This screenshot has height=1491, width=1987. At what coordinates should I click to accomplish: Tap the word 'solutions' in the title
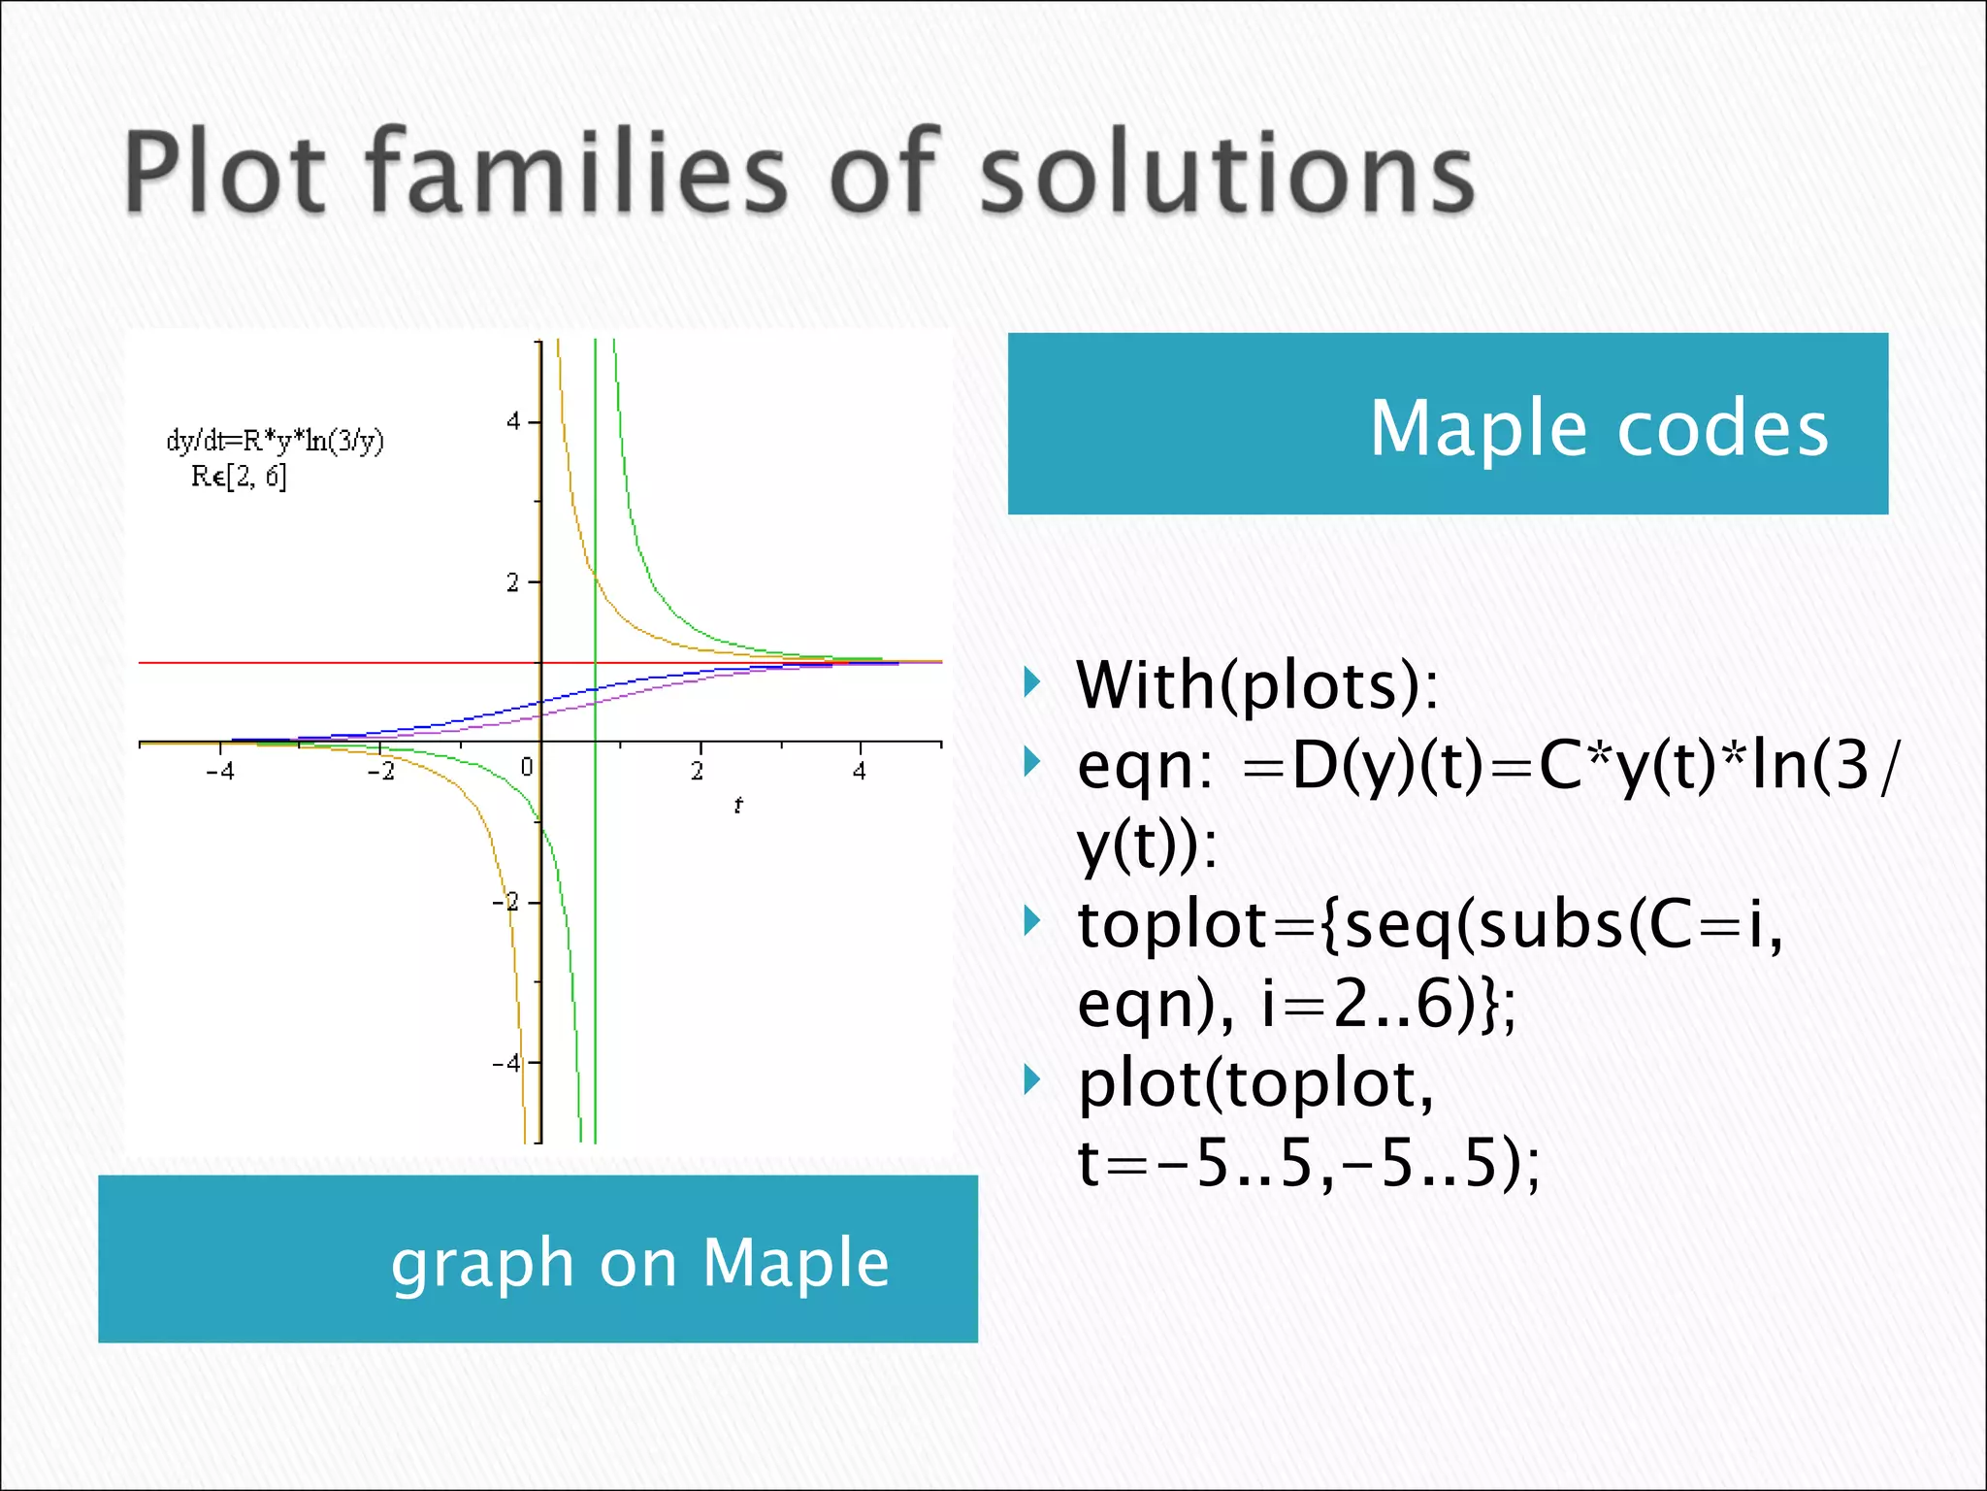pos(1226,173)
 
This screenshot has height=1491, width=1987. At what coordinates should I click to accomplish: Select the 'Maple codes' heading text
pos(1598,428)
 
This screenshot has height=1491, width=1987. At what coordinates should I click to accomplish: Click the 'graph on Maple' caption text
pos(639,1262)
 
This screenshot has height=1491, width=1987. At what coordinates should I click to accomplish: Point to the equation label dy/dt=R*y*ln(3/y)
pos(275,441)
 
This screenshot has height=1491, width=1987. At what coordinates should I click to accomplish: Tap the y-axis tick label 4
pos(513,421)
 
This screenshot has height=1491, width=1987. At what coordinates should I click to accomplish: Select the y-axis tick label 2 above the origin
pos(512,582)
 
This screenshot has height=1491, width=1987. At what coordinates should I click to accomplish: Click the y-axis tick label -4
pos(506,1063)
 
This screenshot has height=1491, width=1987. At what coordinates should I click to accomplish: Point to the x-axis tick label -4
pos(220,772)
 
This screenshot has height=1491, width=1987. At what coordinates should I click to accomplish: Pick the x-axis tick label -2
pos(380,772)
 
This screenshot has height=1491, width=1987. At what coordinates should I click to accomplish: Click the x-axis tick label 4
pos(860,772)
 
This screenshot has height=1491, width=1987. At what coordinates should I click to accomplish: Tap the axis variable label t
pos(738,805)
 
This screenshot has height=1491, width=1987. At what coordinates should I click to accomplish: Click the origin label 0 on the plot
pos(526,768)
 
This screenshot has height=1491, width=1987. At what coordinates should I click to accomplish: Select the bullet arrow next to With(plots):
pos(1032,683)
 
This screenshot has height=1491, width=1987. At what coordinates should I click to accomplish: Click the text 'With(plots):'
pos(1257,685)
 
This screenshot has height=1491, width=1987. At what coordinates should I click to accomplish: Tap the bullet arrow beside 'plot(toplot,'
pos(1032,1079)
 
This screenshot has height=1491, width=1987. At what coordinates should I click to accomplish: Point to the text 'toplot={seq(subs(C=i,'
pos(1429,924)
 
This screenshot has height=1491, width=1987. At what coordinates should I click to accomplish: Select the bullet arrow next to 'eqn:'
pos(1032,762)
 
